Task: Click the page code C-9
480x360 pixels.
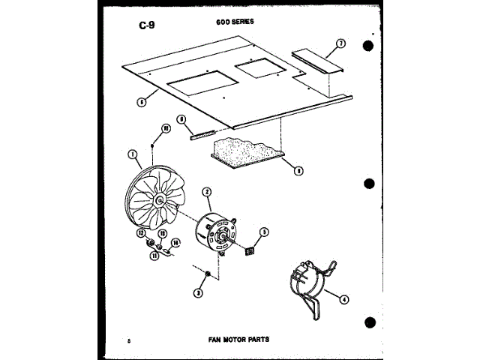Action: coord(147,28)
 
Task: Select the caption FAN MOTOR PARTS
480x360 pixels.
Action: coord(238,339)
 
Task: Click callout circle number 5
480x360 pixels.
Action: coord(264,232)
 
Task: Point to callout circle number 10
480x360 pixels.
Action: coord(166,128)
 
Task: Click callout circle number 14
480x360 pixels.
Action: coord(176,242)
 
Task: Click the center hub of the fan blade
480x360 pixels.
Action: coord(161,201)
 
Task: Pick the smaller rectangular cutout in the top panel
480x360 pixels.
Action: coord(259,70)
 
